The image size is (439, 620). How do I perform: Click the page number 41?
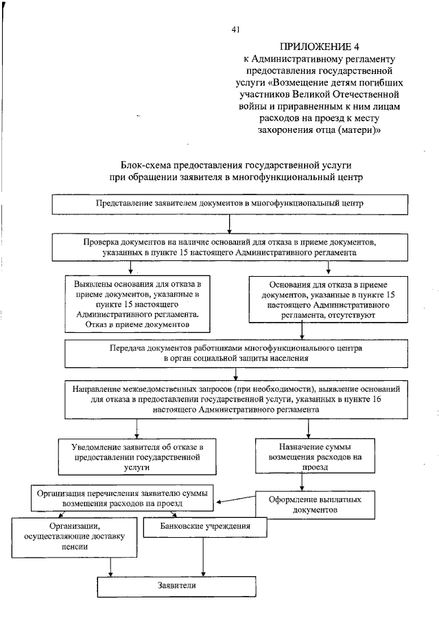click(236, 29)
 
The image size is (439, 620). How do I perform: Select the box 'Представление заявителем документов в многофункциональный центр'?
click(230, 203)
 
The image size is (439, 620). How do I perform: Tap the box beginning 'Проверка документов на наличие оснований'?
click(230, 247)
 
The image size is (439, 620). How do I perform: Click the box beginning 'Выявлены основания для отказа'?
click(137, 303)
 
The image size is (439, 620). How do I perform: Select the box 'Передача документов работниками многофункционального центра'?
click(236, 352)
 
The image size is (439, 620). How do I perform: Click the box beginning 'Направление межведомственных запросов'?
click(236, 397)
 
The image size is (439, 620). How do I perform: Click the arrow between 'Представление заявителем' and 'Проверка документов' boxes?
click(230, 223)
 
